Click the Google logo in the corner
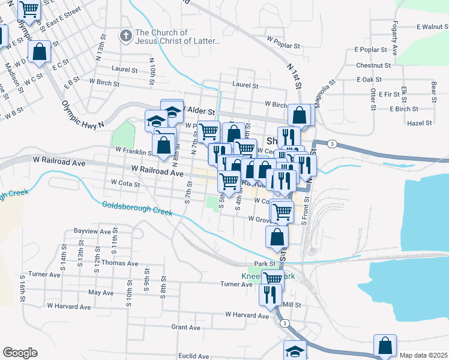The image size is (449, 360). click(x=20, y=353)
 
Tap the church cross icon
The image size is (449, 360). click(x=125, y=36)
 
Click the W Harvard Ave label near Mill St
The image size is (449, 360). click(x=247, y=314)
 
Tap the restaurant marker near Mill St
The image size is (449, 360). click(x=270, y=295)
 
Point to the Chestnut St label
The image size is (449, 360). click(x=373, y=65)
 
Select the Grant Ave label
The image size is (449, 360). click(x=185, y=328)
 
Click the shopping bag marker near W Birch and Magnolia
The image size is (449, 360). click(x=300, y=115)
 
